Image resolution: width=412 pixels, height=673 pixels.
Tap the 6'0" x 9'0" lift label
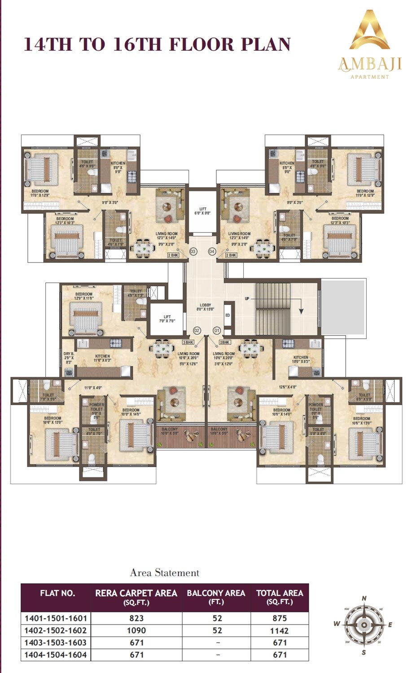click(x=203, y=211)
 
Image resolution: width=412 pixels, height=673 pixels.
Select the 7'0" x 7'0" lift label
click(x=167, y=319)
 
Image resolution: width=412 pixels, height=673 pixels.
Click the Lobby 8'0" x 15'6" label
click(x=205, y=307)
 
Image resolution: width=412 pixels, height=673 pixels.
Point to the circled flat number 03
click(x=193, y=252)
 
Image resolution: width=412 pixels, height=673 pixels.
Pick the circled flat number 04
click(x=212, y=252)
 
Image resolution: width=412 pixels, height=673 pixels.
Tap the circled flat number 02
click(x=197, y=331)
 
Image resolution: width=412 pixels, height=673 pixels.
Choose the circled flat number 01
click(x=217, y=331)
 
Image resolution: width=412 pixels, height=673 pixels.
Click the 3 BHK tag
click(x=188, y=342)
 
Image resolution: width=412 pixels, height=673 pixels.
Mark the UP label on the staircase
click(x=247, y=298)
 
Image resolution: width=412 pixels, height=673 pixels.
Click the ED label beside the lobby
click(x=228, y=315)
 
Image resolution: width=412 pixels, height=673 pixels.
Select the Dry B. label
click(x=68, y=358)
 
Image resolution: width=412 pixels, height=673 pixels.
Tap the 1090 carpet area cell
click(x=136, y=630)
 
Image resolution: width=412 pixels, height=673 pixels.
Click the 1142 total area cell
click(x=280, y=631)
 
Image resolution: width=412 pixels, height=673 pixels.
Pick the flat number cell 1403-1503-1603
click(x=56, y=642)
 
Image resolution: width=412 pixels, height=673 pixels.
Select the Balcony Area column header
click(x=216, y=597)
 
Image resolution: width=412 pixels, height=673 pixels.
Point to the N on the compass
click(x=364, y=599)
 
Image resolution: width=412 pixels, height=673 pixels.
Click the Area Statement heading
click(x=164, y=572)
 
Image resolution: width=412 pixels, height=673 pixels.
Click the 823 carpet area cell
click(x=136, y=618)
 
